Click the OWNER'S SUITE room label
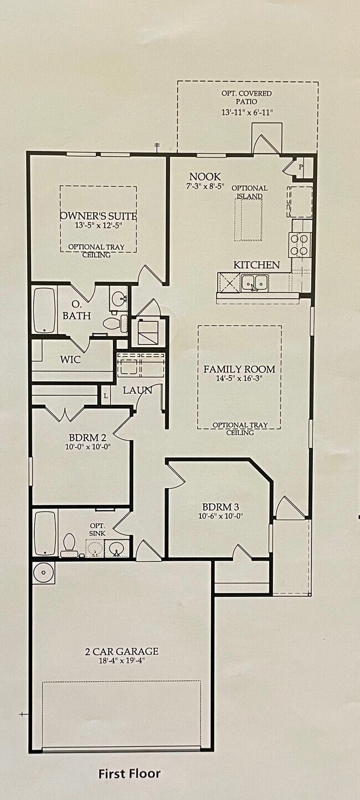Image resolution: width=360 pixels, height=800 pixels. pos(98,216)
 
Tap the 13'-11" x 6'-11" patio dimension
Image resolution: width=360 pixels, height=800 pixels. pos(247,113)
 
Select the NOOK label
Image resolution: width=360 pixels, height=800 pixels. pos(205,176)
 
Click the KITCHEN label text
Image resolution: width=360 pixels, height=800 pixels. pos(256,265)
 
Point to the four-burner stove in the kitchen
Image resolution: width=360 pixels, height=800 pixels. pos(300,244)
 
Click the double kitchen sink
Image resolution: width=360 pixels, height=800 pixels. pos(254,283)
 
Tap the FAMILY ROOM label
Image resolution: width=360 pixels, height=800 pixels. pos(239,369)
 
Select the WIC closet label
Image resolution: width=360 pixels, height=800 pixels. pos(70,359)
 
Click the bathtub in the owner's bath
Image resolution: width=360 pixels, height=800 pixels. pos(45,310)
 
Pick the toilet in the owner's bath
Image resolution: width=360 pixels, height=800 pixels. pos(115,323)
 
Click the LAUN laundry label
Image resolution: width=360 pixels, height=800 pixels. pos(137,390)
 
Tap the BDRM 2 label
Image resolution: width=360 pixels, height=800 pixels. pos(88,437)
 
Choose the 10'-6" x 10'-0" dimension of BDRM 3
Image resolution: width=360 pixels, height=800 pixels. pos(221,516)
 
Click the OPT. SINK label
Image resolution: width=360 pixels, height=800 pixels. pos(97,530)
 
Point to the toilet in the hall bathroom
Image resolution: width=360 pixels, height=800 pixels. pos(69,545)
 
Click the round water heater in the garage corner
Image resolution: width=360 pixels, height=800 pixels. pos(44,573)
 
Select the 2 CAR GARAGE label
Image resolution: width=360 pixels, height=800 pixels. pos(122,651)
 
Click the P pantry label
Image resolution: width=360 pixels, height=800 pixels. pos(301,167)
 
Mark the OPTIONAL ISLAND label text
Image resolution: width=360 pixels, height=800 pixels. pos(249,192)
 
